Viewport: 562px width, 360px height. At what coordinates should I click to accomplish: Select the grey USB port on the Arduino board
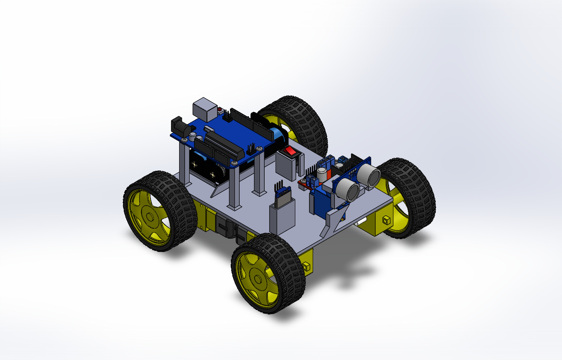click(205, 108)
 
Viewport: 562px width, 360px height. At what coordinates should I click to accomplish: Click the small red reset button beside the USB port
click(220, 110)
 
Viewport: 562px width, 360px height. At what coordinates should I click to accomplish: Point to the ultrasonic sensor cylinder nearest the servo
click(346, 190)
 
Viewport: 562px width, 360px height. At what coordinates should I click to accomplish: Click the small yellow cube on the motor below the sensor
click(385, 220)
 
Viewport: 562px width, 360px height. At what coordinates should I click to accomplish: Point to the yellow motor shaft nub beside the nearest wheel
click(306, 266)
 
